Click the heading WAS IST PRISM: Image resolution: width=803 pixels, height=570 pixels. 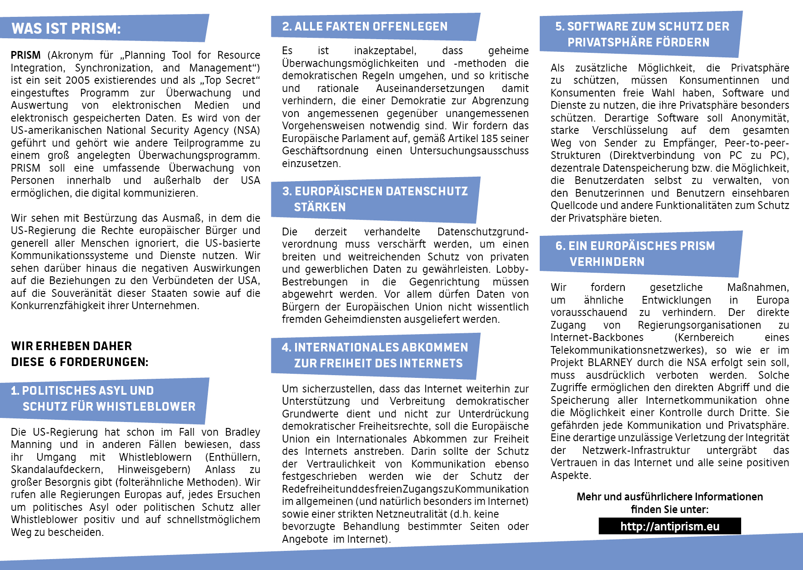pyautogui.click(x=66, y=29)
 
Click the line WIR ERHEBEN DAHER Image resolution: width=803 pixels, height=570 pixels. pyautogui.click(x=72, y=346)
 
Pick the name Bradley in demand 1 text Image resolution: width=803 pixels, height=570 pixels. pyautogui.click(x=242, y=432)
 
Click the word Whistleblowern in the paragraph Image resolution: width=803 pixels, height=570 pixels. pyautogui.click(x=155, y=457)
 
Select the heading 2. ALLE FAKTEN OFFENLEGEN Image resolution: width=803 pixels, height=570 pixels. pyautogui.click(x=365, y=26)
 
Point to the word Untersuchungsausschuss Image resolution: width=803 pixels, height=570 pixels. pyautogui.click(x=469, y=151)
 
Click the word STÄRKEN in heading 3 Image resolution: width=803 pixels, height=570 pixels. pyautogui.click(x=320, y=207)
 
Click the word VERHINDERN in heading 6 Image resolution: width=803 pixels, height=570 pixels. pyautogui.click(x=607, y=262)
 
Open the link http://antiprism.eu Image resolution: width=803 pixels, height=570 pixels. pyautogui.click(x=670, y=526)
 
